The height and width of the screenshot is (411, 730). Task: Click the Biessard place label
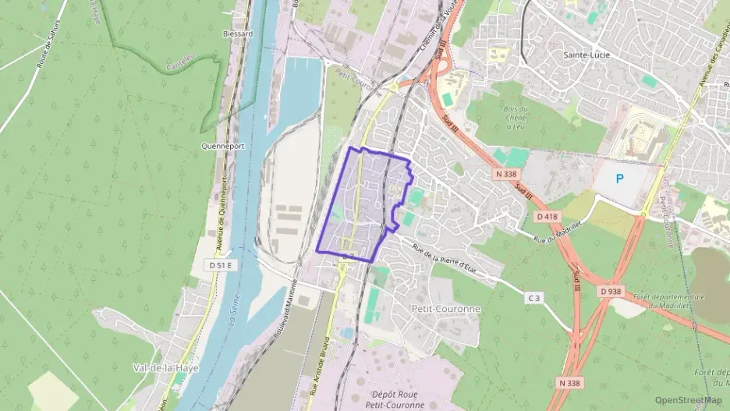(238, 34)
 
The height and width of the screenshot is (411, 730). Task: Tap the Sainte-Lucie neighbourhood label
(586, 55)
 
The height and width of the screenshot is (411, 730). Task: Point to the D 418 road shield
(547, 215)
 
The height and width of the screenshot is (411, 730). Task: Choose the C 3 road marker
(533, 298)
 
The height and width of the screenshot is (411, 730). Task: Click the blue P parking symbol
(620, 179)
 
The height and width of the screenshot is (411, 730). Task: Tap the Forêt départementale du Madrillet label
(668, 301)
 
